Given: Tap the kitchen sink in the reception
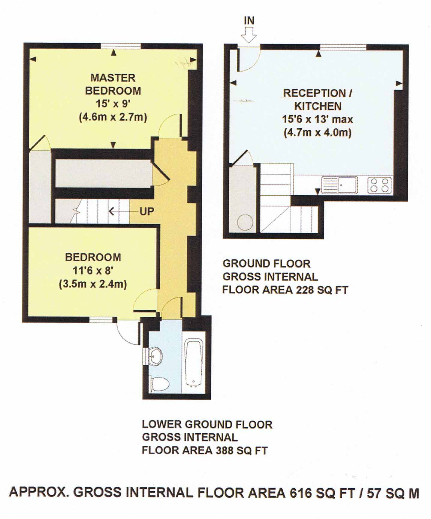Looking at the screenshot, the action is [339, 185].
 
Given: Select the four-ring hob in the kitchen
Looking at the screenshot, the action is [379, 185].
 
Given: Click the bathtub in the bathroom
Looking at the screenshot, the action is [194, 362].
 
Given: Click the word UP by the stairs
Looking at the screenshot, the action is [147, 212].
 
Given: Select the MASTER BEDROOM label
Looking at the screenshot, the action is [113, 84].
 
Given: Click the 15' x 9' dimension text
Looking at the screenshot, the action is [113, 104].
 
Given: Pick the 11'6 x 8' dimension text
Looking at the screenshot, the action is [93, 271].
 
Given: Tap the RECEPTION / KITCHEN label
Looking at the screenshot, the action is [318, 100].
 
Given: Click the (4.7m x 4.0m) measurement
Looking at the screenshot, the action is [318, 133].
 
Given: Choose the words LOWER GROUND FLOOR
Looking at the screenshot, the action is [207, 424].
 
